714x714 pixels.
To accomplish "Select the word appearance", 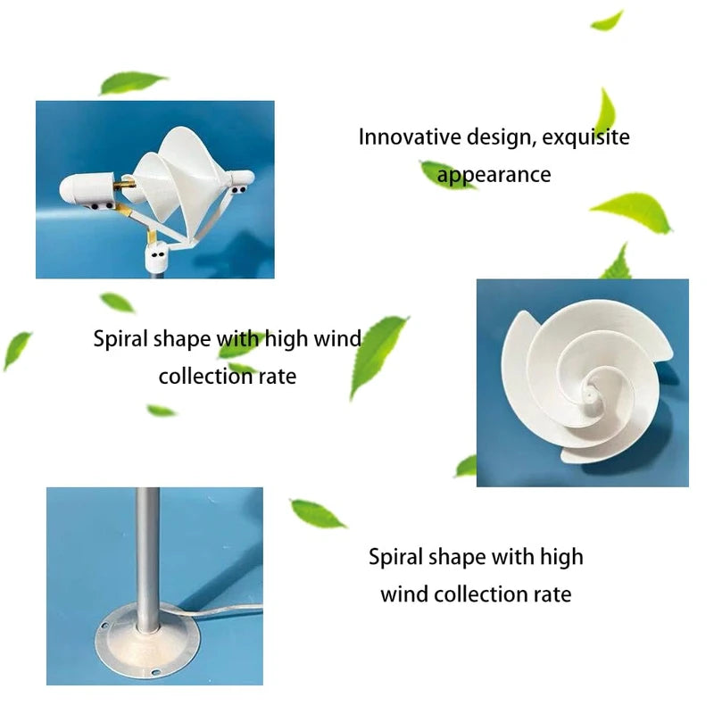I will (x=494, y=175).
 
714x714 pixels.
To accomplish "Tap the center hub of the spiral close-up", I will (x=591, y=390).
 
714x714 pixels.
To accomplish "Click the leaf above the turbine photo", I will (x=132, y=83).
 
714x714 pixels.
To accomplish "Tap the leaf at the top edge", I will (x=608, y=20).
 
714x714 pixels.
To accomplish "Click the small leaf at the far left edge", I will (x=16, y=349).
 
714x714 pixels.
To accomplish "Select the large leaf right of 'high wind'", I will (x=378, y=355).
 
